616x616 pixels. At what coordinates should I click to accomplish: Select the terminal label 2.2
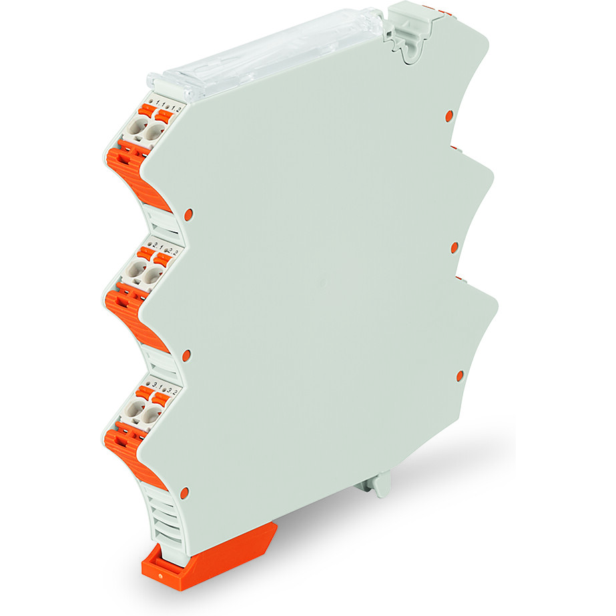[170, 252]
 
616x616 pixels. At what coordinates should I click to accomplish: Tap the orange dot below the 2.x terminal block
[186, 354]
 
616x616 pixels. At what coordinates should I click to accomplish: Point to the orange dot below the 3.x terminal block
[184, 493]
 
